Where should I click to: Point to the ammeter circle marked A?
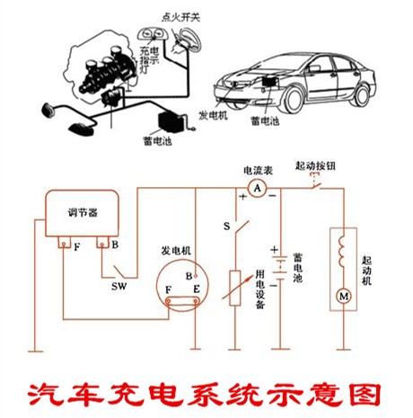(x=256, y=188)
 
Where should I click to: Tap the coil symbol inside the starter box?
(x=342, y=251)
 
